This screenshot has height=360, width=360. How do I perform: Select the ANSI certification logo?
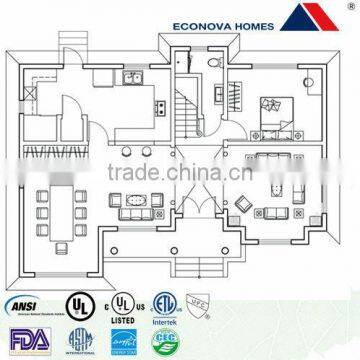(26, 305)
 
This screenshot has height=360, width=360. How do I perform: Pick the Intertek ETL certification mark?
(163, 303)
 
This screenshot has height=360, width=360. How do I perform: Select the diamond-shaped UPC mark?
(199, 302)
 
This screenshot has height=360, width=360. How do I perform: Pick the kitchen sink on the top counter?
(133, 80)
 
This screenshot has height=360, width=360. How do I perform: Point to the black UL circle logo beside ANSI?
(74, 304)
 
